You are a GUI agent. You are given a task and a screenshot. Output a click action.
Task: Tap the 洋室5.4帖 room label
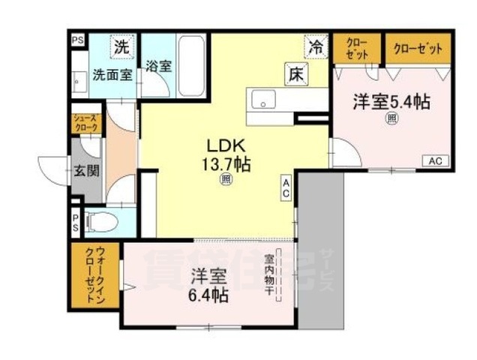[391, 102]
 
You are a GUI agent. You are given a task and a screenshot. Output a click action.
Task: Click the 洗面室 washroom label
[112, 75]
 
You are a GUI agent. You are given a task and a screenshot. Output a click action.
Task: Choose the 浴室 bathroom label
[159, 65]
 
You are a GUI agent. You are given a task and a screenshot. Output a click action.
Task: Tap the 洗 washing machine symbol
[121, 46]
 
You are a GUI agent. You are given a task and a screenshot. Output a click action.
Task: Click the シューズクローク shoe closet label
[85, 123]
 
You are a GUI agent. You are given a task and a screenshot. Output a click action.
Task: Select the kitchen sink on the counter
[265, 99]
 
